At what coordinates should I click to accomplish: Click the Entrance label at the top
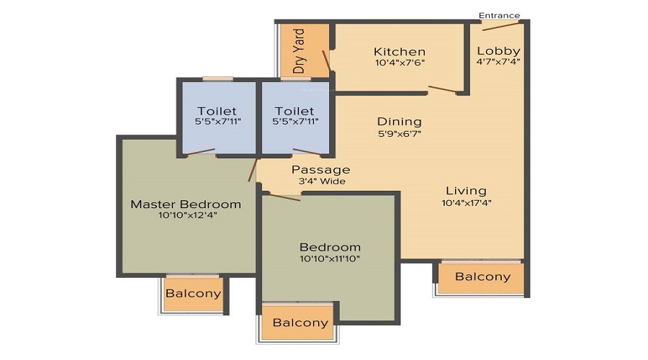(x=499, y=15)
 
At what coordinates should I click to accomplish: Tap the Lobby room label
(x=498, y=51)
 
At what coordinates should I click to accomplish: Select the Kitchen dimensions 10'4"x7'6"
(x=399, y=63)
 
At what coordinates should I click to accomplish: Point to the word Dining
(x=399, y=122)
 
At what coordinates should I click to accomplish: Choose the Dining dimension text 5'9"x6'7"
(x=399, y=133)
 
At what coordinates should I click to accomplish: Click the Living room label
(x=466, y=191)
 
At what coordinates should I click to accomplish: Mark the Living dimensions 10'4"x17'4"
(x=466, y=202)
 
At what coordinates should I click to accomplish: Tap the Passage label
(x=320, y=170)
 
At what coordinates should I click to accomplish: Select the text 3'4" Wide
(x=320, y=181)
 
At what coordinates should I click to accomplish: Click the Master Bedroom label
(x=186, y=204)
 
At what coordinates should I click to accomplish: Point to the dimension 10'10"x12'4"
(x=186, y=216)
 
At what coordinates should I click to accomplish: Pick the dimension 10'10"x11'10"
(x=330, y=258)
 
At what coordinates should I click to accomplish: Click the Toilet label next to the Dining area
(x=294, y=111)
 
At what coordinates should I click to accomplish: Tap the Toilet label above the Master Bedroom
(x=217, y=111)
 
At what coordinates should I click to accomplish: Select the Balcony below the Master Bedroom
(x=193, y=294)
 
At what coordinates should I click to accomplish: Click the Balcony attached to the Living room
(x=483, y=276)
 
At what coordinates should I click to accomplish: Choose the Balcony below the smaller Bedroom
(x=300, y=323)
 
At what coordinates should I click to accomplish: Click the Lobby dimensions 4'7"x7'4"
(x=498, y=62)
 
